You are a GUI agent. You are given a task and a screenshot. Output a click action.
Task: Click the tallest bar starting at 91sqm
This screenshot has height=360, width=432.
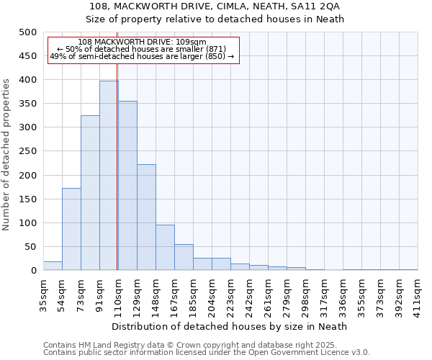109,176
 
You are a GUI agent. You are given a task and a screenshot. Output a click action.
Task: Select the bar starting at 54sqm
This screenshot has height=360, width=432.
71,229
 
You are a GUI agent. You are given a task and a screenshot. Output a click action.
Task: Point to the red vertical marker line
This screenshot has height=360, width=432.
117,180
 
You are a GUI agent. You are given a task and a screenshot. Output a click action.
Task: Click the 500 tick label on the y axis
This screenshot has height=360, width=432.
27,32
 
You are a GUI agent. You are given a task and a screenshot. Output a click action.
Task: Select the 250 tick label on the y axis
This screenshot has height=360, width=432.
27,152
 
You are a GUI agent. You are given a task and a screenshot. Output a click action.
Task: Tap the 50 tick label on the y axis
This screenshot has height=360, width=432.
30,247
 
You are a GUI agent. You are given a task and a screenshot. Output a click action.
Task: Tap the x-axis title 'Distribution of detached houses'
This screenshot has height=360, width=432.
230,326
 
